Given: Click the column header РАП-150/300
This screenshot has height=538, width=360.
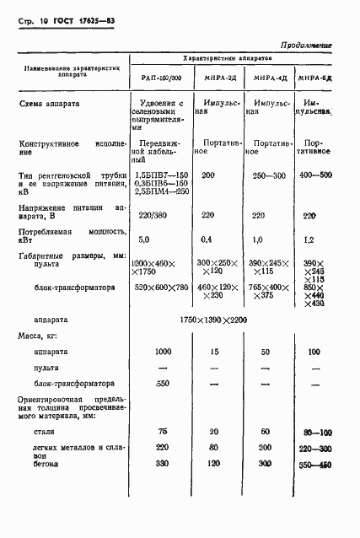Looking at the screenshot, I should tap(161, 78).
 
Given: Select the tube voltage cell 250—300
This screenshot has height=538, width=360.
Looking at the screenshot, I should tap(270, 175).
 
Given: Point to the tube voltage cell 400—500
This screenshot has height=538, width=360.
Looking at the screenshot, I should tap(315, 175).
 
